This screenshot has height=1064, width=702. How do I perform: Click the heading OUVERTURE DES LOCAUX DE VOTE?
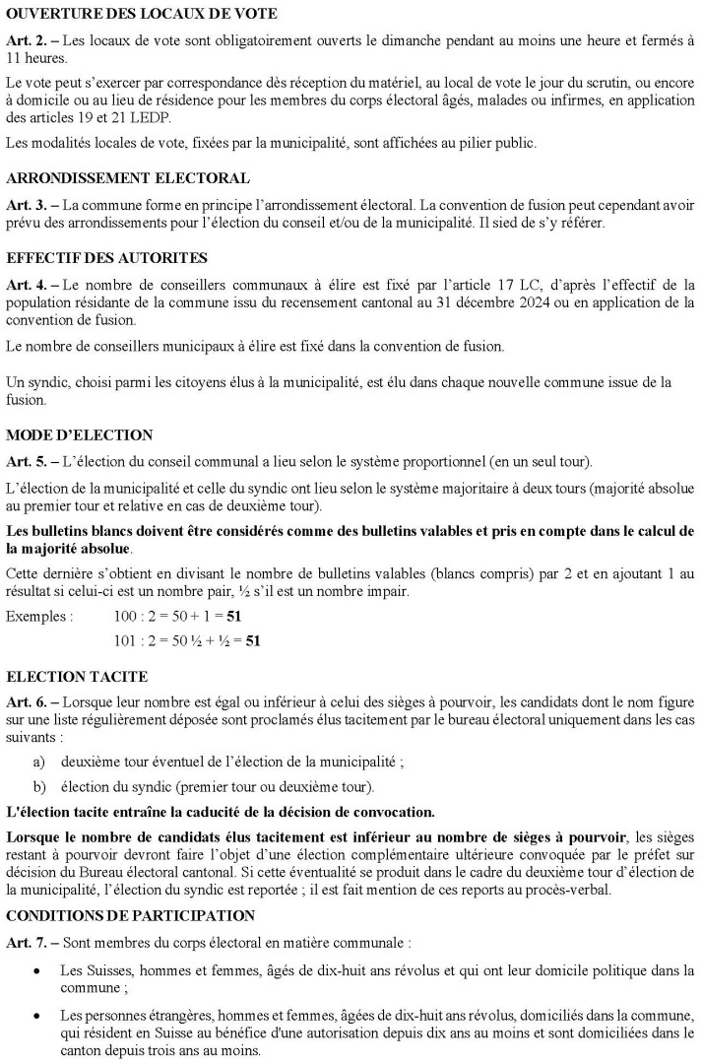pyautogui.click(x=142, y=15)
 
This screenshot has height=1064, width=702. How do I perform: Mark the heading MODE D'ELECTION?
pyautogui.click(x=80, y=434)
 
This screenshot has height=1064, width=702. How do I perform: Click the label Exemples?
pyautogui.click(x=39, y=617)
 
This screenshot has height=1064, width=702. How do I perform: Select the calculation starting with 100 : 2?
pyautogui.click(x=179, y=617)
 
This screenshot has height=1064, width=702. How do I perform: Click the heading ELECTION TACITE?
pyautogui.click(x=77, y=679)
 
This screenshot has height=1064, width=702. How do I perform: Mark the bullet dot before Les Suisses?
pyautogui.click(x=37, y=970)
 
